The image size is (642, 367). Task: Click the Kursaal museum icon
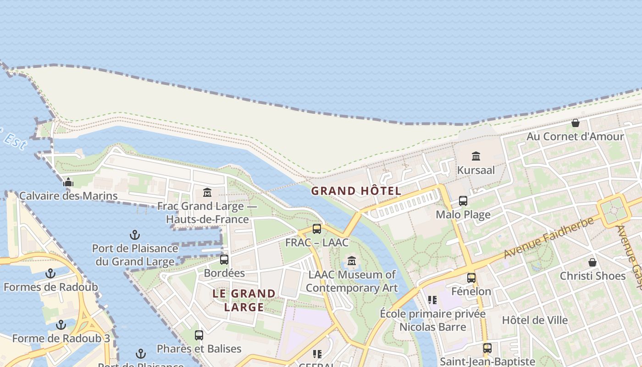pos(476,156)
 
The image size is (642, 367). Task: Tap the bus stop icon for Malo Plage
pos(463,201)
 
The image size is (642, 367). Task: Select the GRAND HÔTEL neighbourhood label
pos(356,191)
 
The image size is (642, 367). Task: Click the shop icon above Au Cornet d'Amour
pos(575,123)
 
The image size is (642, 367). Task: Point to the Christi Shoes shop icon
pos(592,262)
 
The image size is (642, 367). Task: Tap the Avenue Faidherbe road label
pos(548,238)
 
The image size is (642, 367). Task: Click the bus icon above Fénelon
pos(471,278)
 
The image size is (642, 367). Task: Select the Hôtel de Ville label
pos(535,320)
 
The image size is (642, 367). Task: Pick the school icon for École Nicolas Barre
pos(432,300)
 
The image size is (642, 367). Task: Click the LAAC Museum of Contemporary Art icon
pos(352,261)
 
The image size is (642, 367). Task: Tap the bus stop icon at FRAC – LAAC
pos(317,228)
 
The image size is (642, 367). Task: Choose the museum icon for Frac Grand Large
pos(207,192)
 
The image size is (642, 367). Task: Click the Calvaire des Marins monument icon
pos(68,182)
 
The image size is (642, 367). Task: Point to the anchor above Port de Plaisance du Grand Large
pos(135,235)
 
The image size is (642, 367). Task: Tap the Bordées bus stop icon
pos(224,259)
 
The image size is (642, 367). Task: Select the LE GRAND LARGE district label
pos(244,300)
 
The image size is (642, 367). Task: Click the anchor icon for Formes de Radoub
pos(50,274)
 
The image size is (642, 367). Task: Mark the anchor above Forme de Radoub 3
pos(61,325)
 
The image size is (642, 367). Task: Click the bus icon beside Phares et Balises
pos(199,335)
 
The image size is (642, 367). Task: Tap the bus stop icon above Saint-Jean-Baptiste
pos(487,348)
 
